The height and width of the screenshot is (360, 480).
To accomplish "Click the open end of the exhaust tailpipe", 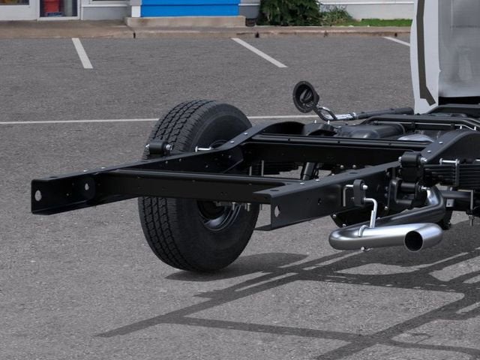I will (x=413, y=241).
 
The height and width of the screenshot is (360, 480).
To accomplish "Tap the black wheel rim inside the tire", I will (x=219, y=214).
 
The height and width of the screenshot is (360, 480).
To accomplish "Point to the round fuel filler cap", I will (x=305, y=97).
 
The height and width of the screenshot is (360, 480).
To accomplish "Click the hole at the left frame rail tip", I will (x=38, y=196).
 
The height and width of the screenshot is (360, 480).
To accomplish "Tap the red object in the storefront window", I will (x=52, y=7).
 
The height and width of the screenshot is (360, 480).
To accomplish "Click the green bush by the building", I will (x=289, y=12).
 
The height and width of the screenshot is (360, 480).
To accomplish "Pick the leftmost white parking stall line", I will (x=82, y=53).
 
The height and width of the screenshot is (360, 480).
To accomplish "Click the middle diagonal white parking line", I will (x=258, y=52).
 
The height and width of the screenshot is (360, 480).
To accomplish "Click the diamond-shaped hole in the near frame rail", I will (x=277, y=211).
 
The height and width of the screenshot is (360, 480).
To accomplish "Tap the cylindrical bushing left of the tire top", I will (x=157, y=148).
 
